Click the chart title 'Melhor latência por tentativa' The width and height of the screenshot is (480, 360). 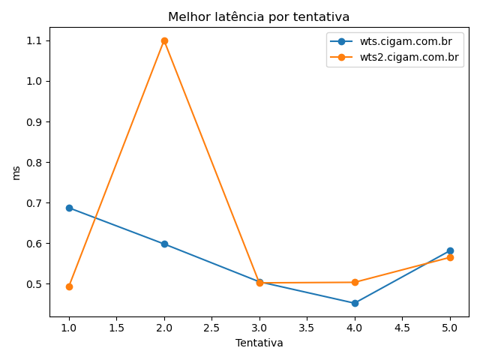(259, 16)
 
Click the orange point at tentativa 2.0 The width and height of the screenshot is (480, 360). (164, 40)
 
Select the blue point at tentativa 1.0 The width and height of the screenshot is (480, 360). (69, 208)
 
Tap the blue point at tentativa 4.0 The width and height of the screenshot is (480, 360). (355, 303)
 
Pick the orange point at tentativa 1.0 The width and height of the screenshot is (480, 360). (69, 286)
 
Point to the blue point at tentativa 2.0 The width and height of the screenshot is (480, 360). (164, 244)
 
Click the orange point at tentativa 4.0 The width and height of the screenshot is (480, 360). (355, 282)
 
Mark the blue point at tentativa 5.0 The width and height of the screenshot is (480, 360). (450, 250)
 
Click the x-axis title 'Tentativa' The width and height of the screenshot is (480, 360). (259, 343)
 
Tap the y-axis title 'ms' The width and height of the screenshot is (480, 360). (16, 172)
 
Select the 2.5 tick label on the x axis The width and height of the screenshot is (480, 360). (211, 327)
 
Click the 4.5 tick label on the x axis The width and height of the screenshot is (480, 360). (402, 327)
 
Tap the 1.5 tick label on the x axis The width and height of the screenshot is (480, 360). (116, 327)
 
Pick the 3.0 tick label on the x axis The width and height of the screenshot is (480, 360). (259, 327)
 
